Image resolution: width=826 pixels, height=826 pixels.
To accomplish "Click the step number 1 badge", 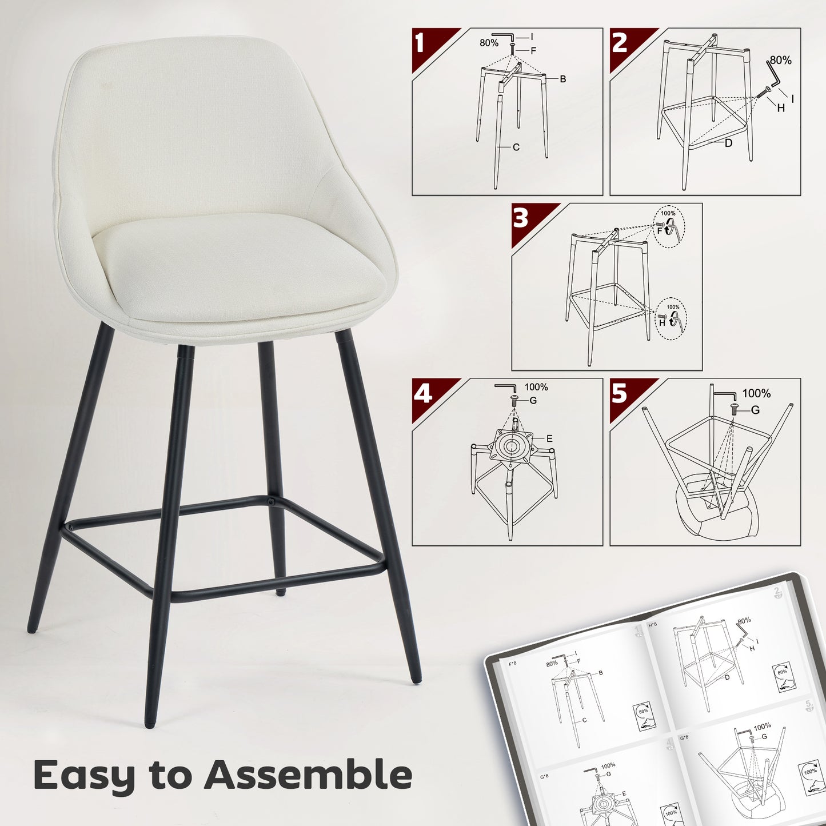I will pos(421,43).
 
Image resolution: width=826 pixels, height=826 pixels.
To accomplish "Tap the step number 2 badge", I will pos(620,43).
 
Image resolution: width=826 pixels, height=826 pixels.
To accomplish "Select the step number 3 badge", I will pos(521,218).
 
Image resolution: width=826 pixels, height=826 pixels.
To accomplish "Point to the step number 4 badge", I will pos(422,394).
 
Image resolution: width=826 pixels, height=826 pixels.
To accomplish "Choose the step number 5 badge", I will pos(620,394).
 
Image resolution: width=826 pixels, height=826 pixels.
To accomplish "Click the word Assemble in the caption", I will pos(309,775).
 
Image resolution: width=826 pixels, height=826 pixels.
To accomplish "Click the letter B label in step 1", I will pos(562,79).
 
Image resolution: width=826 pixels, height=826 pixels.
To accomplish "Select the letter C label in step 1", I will pos(516,147).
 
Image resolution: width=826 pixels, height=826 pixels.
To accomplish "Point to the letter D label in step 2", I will pos(728,143).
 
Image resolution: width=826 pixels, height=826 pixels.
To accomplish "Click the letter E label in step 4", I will pos(549,439).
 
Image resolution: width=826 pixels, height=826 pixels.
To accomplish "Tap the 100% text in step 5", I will pos(756,393).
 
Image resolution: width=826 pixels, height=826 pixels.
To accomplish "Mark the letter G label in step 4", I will pos(533,401).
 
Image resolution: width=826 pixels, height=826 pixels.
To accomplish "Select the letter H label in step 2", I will pos(781,107).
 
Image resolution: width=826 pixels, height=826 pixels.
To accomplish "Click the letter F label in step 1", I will pos(533,50).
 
